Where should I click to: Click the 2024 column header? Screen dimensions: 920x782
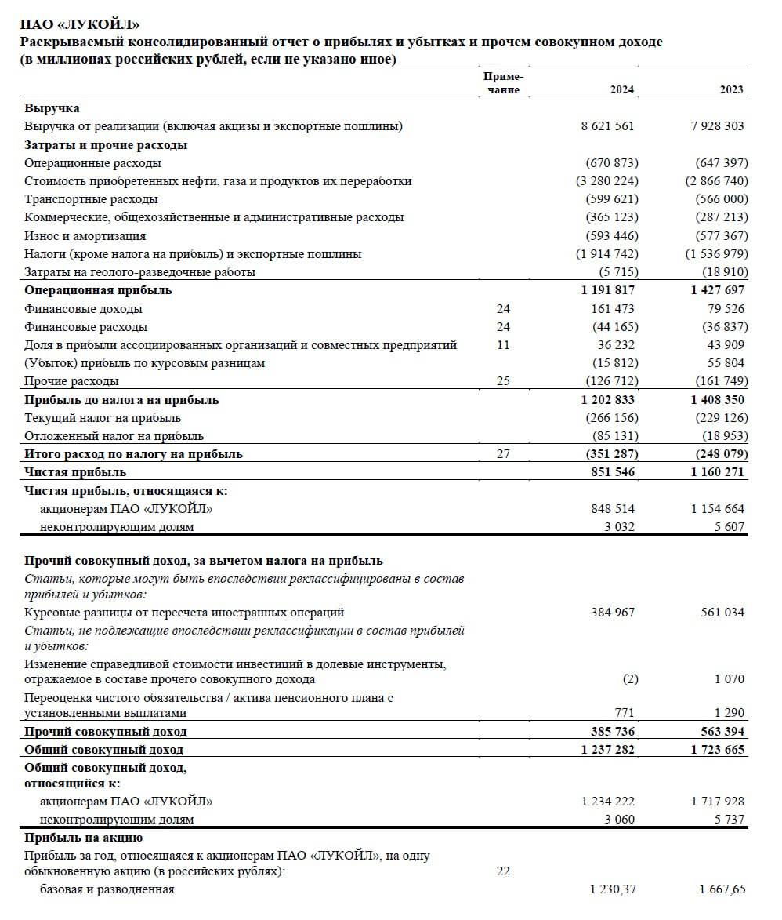pyautogui.click(x=622, y=90)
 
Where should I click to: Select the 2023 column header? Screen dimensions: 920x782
pyautogui.click(x=732, y=90)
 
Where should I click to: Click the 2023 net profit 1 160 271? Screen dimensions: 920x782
pyautogui.click(x=718, y=472)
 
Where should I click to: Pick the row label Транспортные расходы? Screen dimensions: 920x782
pyautogui.click(x=91, y=199)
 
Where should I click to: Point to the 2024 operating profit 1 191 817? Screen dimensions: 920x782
pyautogui.click(x=608, y=290)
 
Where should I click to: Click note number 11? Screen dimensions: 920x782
pyautogui.click(x=503, y=345)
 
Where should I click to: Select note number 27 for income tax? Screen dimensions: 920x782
pyautogui.click(x=503, y=454)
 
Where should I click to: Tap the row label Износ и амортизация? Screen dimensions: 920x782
pyautogui.click(x=85, y=236)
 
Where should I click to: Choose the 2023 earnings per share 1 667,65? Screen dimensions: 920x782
pyautogui.click(x=722, y=889)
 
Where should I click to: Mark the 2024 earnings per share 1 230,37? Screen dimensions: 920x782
pyautogui.click(x=612, y=889)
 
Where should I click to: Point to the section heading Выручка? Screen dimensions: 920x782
pyautogui.click(x=52, y=108)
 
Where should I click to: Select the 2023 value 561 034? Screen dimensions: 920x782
pyautogui.click(x=722, y=613)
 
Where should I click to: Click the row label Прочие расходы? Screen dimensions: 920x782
pyautogui.click(x=71, y=381)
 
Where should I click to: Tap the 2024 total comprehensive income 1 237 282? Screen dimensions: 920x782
pyautogui.click(x=608, y=750)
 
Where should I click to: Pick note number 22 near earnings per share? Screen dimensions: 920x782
pyautogui.click(x=503, y=871)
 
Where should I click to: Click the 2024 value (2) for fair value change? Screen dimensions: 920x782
pyautogui.click(x=630, y=679)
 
